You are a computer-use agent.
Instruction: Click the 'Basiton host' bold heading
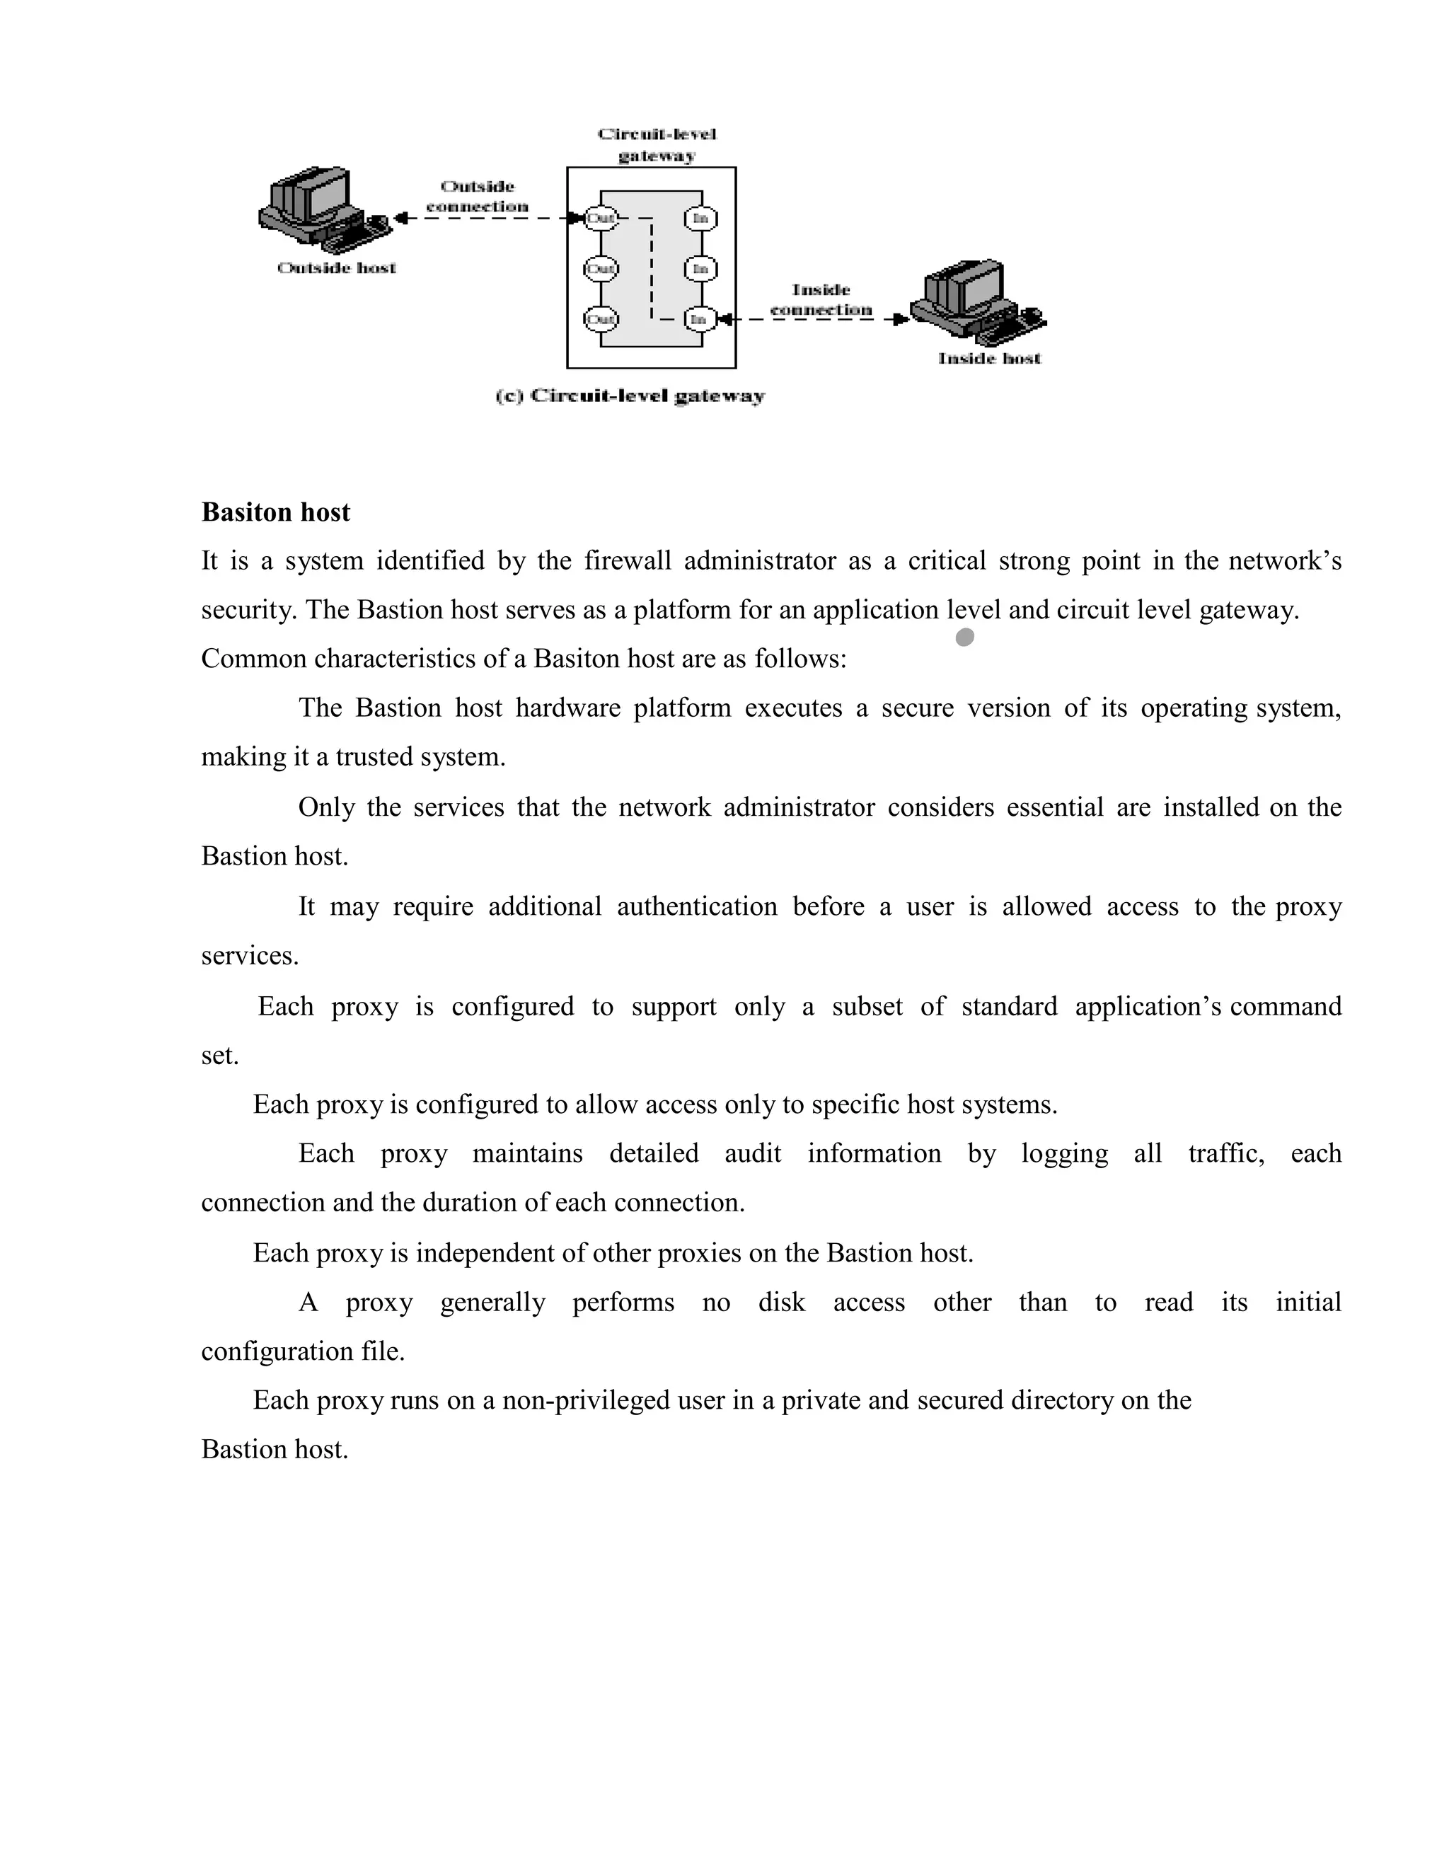point(275,512)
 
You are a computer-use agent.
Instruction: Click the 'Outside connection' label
point(478,197)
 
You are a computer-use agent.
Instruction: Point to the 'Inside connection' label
point(821,299)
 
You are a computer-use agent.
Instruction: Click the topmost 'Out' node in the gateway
point(600,218)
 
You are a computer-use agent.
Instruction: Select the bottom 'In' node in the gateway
point(700,319)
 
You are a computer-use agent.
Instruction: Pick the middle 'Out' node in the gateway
point(600,269)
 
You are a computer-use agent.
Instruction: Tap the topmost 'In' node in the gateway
point(700,218)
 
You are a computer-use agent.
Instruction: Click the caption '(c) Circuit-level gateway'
point(630,396)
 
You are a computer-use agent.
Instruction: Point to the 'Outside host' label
point(337,268)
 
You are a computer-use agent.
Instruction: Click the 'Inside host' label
point(989,358)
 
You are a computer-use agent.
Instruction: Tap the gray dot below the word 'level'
point(965,637)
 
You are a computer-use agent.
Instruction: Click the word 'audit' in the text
point(753,1153)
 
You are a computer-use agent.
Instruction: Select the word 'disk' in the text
point(781,1303)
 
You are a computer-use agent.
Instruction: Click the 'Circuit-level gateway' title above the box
point(657,144)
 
